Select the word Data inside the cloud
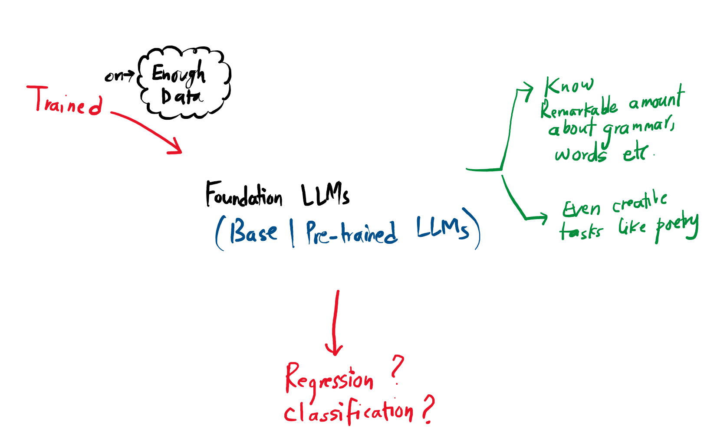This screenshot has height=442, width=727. pos(181,97)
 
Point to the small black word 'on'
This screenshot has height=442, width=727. pos(114,76)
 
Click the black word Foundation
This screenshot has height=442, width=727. pos(243,195)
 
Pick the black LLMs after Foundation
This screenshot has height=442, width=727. pos(325,195)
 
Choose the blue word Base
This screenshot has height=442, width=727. pos(253,232)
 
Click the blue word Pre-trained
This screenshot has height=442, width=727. pos(351,233)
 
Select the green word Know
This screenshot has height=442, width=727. pos(569,85)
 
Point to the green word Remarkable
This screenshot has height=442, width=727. pos(579,108)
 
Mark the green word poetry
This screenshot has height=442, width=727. pos(676,226)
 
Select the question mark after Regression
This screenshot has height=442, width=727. pos(397,370)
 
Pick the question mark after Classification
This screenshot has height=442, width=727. pos(428,408)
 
